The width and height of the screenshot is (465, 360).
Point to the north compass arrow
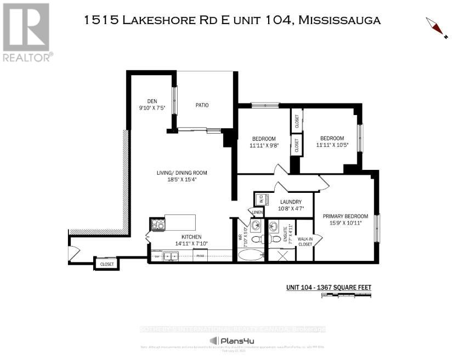(436, 28)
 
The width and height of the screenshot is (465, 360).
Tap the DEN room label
(152, 101)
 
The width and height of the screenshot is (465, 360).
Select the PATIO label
(202, 105)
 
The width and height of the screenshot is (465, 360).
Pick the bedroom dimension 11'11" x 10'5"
(332, 146)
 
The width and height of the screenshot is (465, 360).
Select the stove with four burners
(157, 224)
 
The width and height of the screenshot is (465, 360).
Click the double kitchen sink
(172, 255)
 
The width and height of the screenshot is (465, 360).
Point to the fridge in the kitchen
(200, 255)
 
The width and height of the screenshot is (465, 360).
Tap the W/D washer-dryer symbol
(261, 199)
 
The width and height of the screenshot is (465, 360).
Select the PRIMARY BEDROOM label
(345, 215)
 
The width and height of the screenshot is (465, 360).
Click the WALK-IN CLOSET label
(305, 241)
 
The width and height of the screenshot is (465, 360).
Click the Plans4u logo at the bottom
(232, 341)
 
